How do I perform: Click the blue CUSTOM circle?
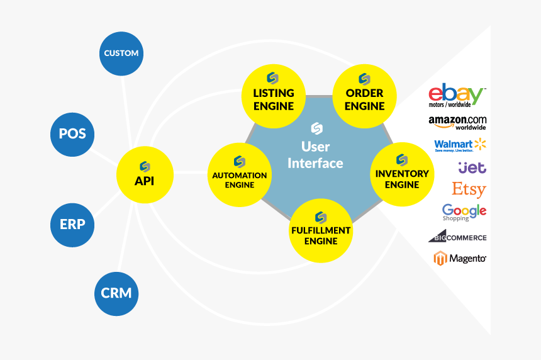121,53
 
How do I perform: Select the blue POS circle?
72,133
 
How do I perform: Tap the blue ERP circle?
72,224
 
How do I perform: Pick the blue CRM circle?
116,293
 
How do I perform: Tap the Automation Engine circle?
239,174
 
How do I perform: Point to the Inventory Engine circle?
401,174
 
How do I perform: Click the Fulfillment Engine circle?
321,230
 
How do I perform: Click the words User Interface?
315,155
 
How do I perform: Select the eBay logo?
456,96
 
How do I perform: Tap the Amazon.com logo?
457,122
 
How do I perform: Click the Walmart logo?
460,145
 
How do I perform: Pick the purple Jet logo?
472,167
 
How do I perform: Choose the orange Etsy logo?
469,189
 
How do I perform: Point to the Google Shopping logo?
464,212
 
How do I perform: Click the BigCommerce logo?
457,237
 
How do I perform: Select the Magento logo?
459,258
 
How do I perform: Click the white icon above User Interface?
316,128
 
